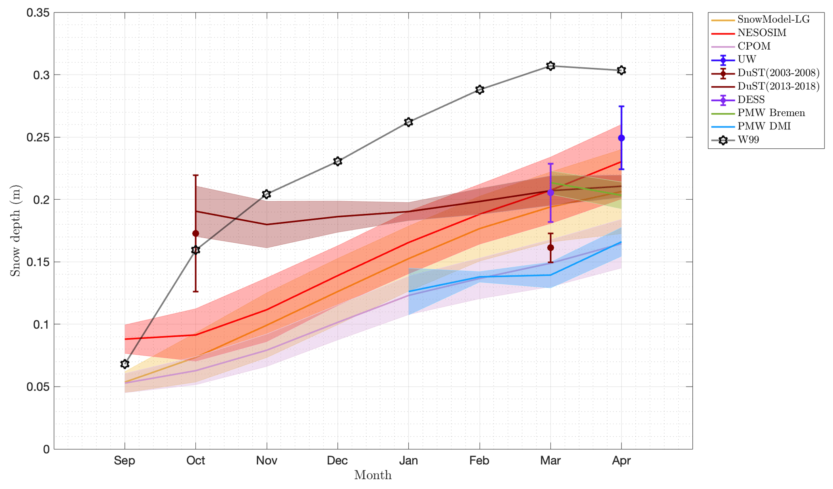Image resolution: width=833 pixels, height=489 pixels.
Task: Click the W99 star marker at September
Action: point(125,364)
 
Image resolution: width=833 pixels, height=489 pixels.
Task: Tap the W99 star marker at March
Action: point(550,66)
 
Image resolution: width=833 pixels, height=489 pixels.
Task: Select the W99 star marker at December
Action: point(338,161)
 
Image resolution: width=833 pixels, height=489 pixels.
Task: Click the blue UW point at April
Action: point(621,138)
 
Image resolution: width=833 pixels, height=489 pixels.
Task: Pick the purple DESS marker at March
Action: point(550,193)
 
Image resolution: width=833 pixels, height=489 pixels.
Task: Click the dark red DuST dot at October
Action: point(195,233)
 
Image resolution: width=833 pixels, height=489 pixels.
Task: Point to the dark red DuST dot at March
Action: point(550,248)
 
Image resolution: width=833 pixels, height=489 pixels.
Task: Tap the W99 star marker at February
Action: point(480,89)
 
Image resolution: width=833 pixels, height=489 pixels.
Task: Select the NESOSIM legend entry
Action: point(762,33)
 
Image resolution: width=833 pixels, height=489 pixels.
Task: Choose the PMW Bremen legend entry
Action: point(771,113)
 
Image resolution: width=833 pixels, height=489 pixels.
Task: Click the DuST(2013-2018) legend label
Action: point(778,86)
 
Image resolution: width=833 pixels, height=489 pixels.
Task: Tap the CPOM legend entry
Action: point(754,46)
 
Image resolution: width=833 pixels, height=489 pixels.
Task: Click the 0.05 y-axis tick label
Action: point(38,387)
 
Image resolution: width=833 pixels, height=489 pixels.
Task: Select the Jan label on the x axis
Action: point(408,460)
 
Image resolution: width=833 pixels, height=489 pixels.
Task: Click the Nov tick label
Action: point(266,460)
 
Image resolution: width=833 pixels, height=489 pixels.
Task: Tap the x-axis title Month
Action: point(373,475)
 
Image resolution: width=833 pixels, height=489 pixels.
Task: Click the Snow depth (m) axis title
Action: point(15,231)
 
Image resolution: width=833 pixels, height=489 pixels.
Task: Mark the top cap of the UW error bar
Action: point(621,106)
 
